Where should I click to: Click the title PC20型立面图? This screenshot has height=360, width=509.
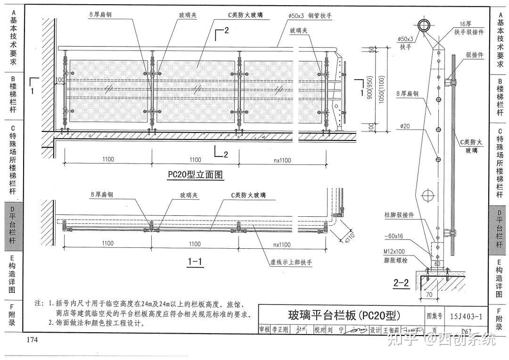[x=196, y=175]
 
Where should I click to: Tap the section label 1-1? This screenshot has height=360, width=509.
[x=195, y=261]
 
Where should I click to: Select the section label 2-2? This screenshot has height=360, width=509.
[x=401, y=283]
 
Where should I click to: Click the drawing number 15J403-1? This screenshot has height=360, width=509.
[x=466, y=316]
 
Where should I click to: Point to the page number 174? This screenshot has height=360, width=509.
[x=32, y=340]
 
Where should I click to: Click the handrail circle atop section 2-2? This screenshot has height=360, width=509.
[x=424, y=25]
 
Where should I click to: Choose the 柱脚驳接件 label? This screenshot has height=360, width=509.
[x=399, y=215]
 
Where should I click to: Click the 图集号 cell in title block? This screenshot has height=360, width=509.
[x=435, y=316]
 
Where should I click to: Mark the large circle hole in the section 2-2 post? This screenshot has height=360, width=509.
[x=429, y=195]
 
